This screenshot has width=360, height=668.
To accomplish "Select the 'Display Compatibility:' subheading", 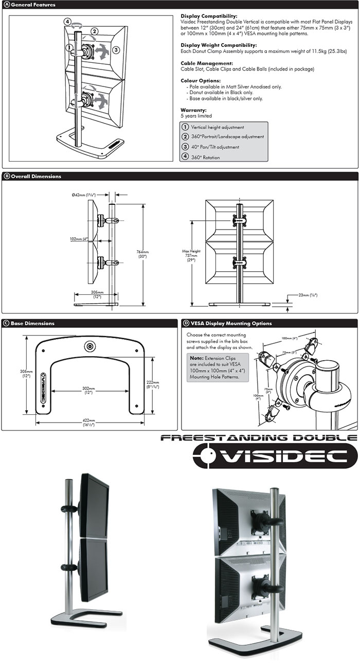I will click(x=209, y=16).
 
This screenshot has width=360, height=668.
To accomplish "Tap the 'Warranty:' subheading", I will click(x=193, y=110).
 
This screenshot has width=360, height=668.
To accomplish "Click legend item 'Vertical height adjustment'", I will click(x=217, y=127).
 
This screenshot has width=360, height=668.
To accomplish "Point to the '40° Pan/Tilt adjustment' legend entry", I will click(x=214, y=147).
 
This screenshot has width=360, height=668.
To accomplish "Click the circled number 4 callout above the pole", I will click(x=68, y=22).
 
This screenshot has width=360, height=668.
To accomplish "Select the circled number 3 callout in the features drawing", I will click(x=116, y=49).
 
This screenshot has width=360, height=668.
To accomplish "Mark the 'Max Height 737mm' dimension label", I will click(x=191, y=256).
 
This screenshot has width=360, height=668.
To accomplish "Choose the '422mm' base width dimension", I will click(x=90, y=423).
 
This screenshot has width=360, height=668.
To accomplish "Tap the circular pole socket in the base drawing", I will click(x=91, y=346).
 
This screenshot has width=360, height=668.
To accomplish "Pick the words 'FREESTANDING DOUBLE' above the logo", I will click(x=259, y=438).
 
